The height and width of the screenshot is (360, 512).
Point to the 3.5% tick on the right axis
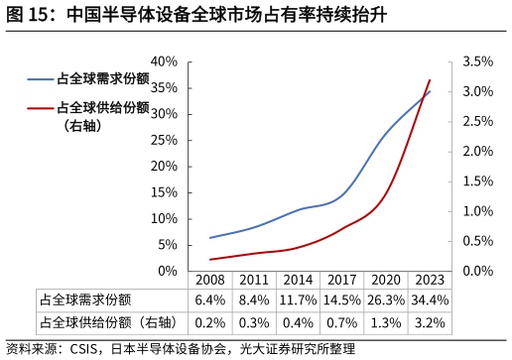click(478, 61)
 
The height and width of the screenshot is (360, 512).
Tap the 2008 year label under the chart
click(210, 281)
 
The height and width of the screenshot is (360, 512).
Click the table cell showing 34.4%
click(429, 300)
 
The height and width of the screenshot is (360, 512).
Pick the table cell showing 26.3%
click(385, 300)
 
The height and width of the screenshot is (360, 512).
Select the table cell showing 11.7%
click(298, 300)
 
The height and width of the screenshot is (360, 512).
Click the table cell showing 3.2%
click(429, 322)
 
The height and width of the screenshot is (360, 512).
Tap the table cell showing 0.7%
click(341, 322)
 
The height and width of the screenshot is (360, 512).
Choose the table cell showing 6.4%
click(210, 300)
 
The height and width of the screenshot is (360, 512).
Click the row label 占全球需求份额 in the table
click(85, 300)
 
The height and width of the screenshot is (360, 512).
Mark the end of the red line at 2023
click(430, 80)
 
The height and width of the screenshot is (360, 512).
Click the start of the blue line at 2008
click(210, 237)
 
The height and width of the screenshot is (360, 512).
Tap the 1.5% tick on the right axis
click(478, 181)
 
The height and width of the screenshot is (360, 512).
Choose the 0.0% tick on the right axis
click(478, 271)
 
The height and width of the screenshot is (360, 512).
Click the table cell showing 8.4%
click(254, 300)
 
